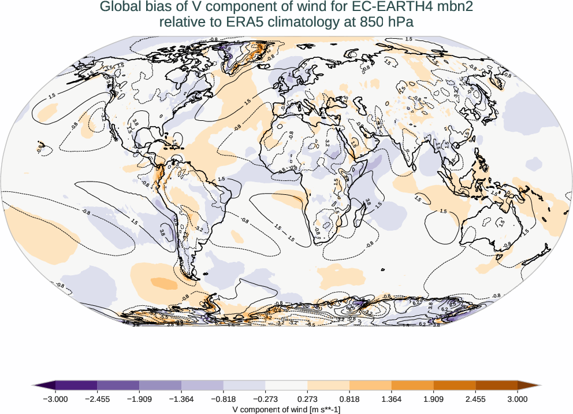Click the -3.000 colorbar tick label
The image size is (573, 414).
click(55, 398)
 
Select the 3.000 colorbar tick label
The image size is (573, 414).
click(518, 398)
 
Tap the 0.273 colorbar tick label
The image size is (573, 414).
click(307, 398)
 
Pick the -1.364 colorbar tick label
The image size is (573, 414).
click(181, 398)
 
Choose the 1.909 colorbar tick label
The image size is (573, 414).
click(433, 398)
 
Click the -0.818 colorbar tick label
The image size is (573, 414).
click(224, 398)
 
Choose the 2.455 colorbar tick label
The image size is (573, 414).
click(475, 398)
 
